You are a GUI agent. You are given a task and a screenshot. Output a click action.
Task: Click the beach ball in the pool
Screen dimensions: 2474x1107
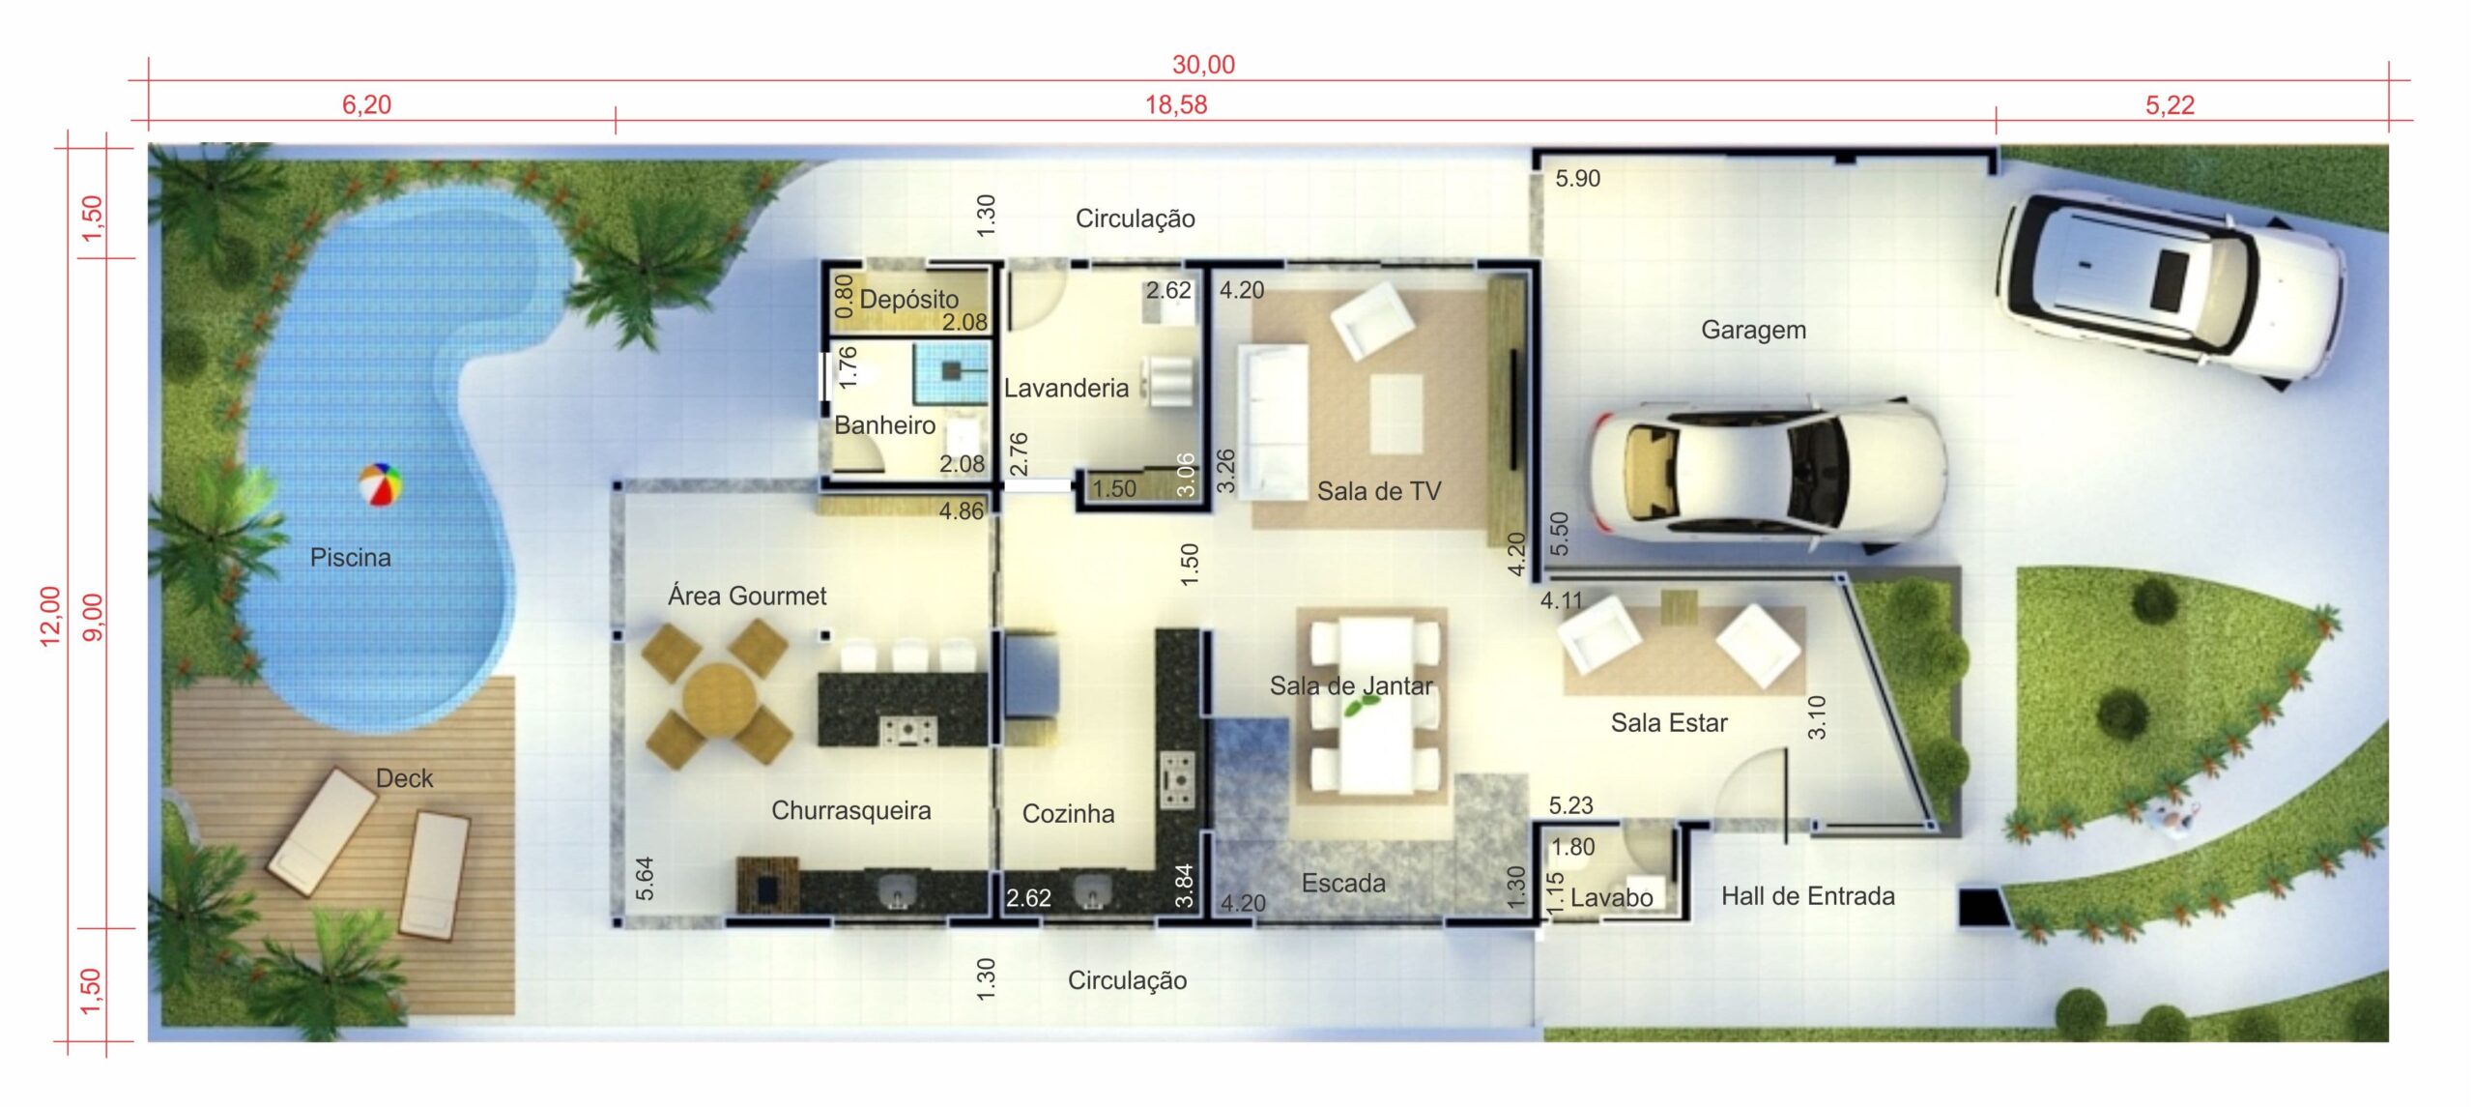coord(380,484)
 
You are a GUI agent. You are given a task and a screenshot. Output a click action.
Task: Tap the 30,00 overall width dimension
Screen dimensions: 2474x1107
coord(1203,65)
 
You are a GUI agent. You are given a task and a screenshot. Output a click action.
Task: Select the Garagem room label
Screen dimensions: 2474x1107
coord(1753,330)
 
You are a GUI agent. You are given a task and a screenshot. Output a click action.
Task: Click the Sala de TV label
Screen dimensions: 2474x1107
coord(1378,491)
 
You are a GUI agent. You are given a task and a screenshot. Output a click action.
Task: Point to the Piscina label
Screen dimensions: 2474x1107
coord(350,557)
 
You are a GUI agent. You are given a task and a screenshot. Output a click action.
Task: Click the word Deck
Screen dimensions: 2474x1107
coord(404,778)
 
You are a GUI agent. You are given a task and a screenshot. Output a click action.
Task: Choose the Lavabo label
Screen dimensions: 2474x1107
coord(1611,898)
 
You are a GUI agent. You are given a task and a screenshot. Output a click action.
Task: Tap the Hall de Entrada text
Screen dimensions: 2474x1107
coord(1807,896)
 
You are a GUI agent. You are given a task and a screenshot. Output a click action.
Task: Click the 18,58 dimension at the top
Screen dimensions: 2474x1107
coord(1176,104)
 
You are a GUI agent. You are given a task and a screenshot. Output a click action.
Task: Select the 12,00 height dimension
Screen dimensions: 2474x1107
coord(50,616)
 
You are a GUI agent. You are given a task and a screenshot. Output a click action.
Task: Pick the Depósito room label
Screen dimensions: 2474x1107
coord(908,300)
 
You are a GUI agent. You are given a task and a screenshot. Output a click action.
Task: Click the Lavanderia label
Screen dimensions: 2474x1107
coord(1066,388)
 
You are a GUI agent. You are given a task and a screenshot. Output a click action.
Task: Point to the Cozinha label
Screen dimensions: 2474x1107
coord(1068,814)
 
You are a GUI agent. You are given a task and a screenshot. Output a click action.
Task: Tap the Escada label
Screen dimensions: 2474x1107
coord(1342,883)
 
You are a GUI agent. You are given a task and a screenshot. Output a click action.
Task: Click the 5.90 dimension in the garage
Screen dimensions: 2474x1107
coord(1577,179)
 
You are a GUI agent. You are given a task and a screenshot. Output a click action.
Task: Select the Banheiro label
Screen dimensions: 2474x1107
coord(884,425)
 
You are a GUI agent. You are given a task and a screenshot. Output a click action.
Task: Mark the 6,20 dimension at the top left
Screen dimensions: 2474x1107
coord(366,104)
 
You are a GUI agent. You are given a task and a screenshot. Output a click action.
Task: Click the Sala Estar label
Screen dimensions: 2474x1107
coord(1668,723)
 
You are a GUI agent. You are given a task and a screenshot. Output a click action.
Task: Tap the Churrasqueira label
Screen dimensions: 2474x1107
coord(850,811)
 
